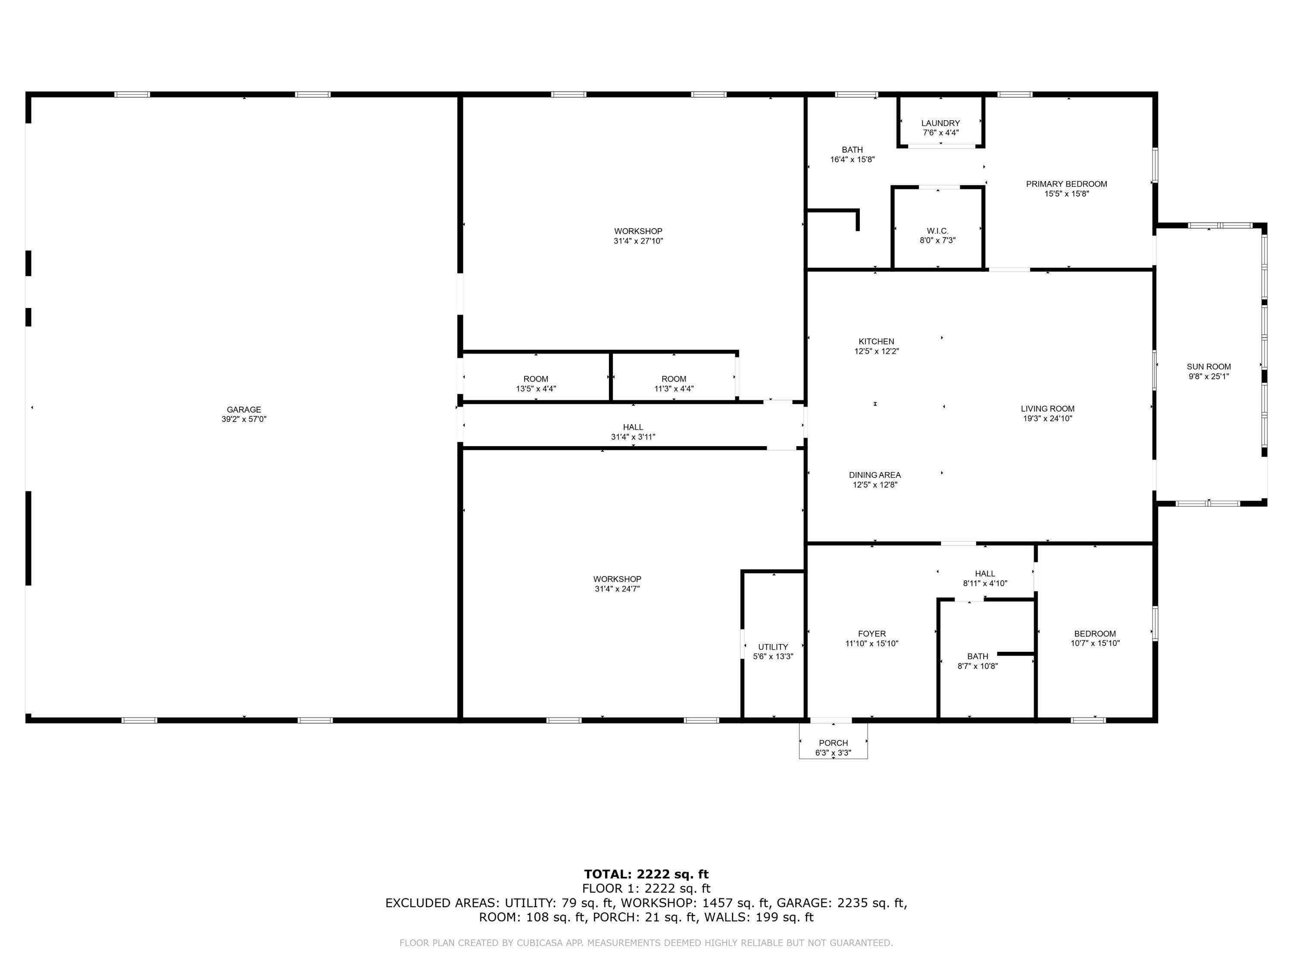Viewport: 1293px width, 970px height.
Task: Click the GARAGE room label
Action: pyautogui.click(x=244, y=409)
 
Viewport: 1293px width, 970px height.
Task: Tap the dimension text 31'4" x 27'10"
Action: pyautogui.click(x=638, y=241)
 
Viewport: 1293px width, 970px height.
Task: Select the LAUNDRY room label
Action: pyautogui.click(x=940, y=123)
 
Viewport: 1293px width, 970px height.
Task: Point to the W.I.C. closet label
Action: pyautogui.click(x=937, y=231)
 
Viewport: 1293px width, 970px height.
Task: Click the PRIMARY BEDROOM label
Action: pyautogui.click(x=1066, y=184)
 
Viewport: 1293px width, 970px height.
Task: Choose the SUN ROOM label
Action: pyautogui.click(x=1208, y=366)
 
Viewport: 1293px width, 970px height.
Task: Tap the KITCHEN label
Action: pyautogui.click(x=876, y=341)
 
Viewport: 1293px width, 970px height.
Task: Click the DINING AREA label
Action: pyautogui.click(x=874, y=475)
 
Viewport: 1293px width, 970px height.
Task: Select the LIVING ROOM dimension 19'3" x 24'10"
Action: pyautogui.click(x=1047, y=419)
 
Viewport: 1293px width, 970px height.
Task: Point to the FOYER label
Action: pyautogui.click(x=871, y=634)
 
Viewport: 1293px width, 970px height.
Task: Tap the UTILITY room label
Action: pyautogui.click(x=773, y=647)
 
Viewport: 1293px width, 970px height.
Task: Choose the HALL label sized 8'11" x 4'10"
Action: pyautogui.click(x=984, y=573)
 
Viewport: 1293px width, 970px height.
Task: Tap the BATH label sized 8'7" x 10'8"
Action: pyautogui.click(x=978, y=656)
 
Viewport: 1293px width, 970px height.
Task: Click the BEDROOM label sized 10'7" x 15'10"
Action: pyautogui.click(x=1094, y=634)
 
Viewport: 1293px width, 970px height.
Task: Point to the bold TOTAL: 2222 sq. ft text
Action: pyautogui.click(x=646, y=874)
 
